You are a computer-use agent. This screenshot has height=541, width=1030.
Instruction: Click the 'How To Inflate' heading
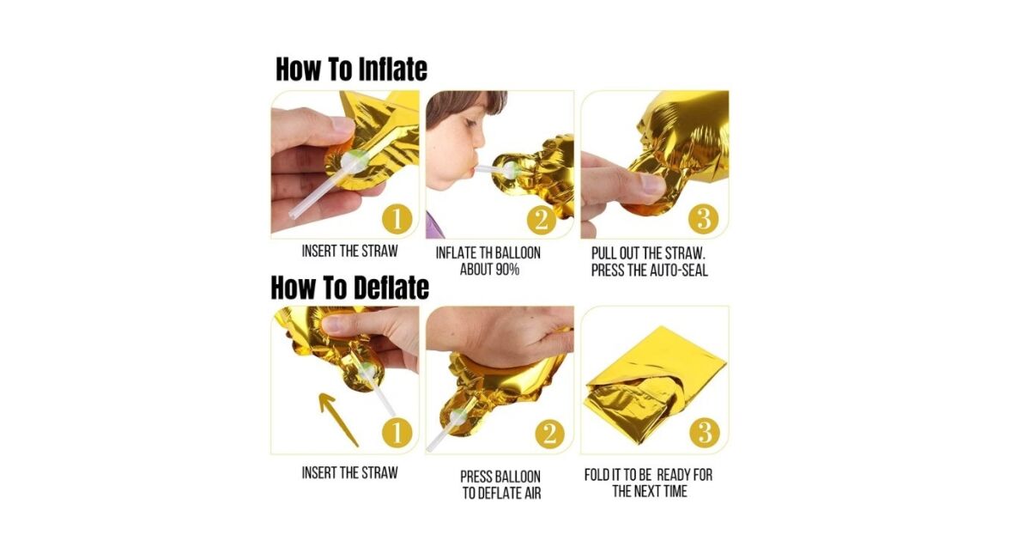click(351, 70)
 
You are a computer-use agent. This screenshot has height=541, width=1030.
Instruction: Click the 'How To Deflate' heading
click(350, 288)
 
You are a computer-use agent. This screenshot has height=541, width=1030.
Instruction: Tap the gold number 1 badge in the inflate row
click(397, 220)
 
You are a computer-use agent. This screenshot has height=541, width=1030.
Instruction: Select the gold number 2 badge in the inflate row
click(542, 220)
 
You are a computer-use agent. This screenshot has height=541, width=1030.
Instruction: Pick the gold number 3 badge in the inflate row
click(704, 218)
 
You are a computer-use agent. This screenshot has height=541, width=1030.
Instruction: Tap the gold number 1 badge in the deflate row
click(397, 433)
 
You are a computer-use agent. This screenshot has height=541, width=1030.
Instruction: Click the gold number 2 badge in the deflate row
click(550, 434)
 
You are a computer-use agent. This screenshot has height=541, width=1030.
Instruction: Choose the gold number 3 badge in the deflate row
click(705, 433)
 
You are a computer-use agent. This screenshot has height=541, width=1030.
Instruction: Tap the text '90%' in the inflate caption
click(507, 270)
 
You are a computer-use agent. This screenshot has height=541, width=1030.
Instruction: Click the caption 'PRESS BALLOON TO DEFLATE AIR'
click(501, 485)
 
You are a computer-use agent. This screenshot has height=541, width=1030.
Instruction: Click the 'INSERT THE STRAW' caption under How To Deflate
click(350, 473)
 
